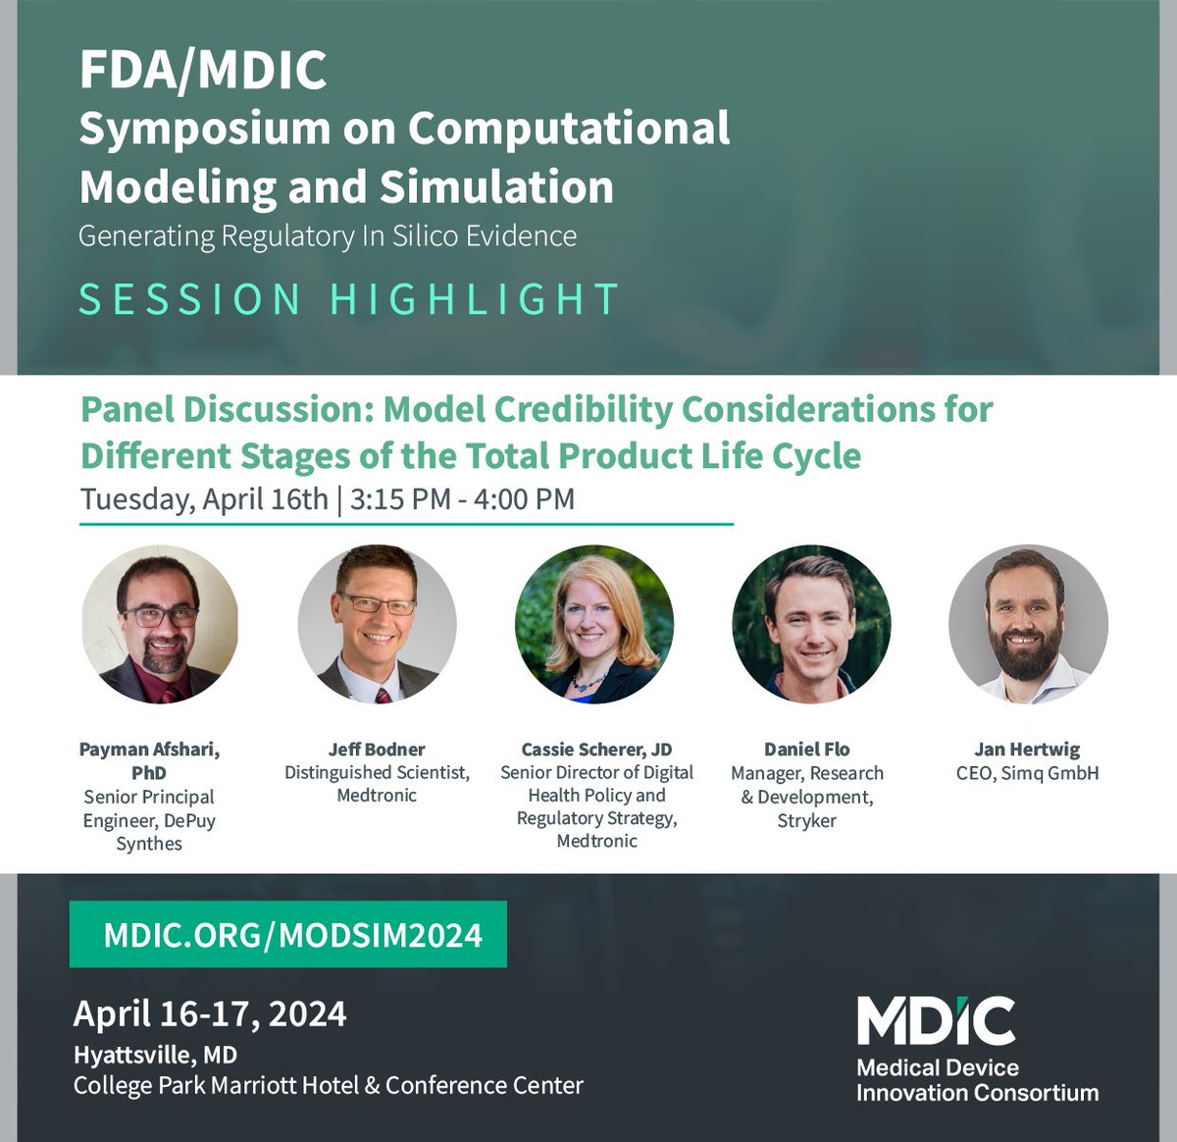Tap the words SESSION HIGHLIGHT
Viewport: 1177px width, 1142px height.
pos(348,299)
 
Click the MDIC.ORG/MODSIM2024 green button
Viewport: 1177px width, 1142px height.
pos(287,934)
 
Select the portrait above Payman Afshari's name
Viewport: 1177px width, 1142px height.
pos(160,624)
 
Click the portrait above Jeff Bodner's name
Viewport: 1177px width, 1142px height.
pos(377,624)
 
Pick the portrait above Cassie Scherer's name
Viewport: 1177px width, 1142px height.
pos(594,624)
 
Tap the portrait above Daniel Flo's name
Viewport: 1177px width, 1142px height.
pos(811,624)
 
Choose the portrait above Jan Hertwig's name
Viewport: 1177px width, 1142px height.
pos(1028,624)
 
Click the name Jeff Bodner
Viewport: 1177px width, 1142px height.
pos(377,750)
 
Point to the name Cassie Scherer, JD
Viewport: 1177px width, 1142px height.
pos(596,750)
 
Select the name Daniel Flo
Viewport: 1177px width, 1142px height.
pos(807,750)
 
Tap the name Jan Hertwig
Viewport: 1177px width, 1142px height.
pos(1027,750)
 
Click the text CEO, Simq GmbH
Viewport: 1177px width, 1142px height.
pos(1027,773)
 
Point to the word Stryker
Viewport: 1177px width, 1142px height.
pos(807,820)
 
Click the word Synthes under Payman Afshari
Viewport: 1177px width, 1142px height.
pos(149,844)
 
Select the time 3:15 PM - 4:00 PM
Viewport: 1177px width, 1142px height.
pos(461,498)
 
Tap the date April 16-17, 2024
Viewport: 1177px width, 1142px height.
pos(210,1013)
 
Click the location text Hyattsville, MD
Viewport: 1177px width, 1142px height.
pos(155,1055)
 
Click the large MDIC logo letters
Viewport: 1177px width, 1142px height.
pos(936,1021)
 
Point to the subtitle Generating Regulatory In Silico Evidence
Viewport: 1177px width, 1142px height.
pos(328,236)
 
